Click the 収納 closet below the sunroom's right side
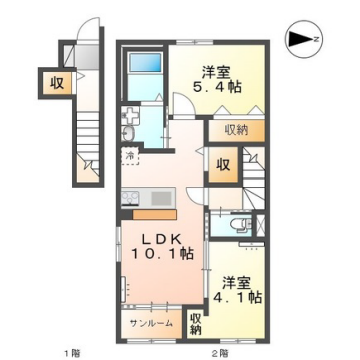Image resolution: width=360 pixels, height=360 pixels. [196, 323]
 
